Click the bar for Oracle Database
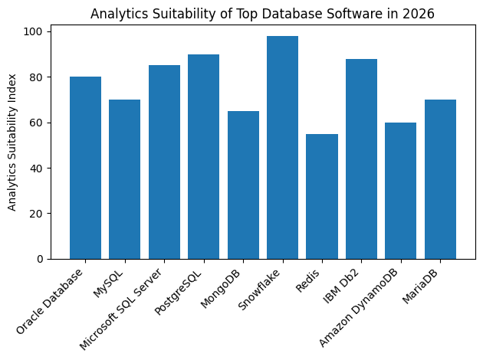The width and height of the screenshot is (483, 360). (x=85, y=168)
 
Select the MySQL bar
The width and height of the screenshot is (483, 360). (x=124, y=179)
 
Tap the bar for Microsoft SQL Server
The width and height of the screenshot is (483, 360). (x=164, y=162)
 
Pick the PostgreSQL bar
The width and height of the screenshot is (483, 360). (x=203, y=156)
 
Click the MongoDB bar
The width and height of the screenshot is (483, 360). (x=243, y=185)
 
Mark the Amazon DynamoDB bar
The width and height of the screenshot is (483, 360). (x=401, y=191)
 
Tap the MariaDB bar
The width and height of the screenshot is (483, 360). (x=440, y=179)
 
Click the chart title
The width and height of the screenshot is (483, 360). (x=262, y=13)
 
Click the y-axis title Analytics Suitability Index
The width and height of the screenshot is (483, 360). (x=12, y=145)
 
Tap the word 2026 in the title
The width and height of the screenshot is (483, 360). (x=419, y=13)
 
